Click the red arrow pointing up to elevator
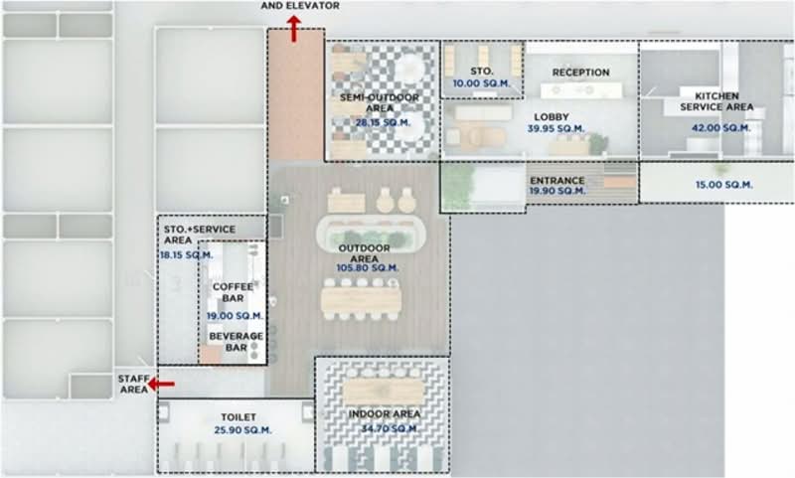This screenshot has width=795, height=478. point(295,29)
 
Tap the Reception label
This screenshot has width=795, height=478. point(580,73)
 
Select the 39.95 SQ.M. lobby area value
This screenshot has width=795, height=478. point(556,129)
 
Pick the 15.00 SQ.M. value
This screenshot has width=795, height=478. point(723,185)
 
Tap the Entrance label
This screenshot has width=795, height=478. point(556,180)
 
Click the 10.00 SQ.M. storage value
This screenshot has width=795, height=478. point(481,83)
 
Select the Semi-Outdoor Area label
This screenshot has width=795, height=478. point(380,102)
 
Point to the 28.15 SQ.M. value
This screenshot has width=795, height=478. point(382,123)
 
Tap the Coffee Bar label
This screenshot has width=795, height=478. point(233,293)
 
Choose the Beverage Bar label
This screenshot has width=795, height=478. point(236,342)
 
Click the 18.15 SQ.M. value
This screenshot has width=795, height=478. point(187,255)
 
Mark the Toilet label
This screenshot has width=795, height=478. point(238,417)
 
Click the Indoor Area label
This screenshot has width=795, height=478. point(384,414)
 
